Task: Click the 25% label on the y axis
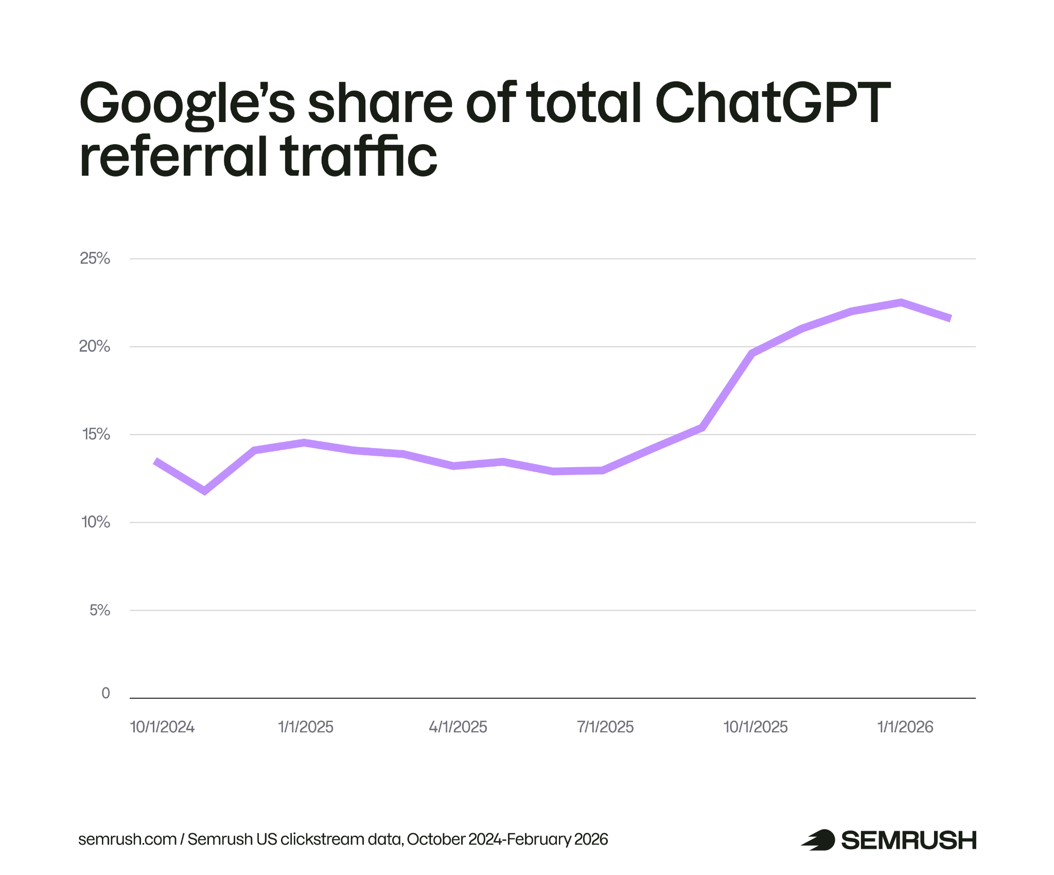point(95,259)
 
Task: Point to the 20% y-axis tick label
point(95,347)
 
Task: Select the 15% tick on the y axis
point(96,435)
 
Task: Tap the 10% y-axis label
point(96,522)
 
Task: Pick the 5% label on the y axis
point(100,610)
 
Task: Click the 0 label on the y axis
point(106,693)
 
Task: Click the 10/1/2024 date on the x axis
point(162,727)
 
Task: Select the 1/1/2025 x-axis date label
point(306,727)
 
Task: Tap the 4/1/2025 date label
point(458,727)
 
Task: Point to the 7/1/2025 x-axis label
point(605,727)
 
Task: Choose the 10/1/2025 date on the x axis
point(756,727)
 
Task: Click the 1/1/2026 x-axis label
point(905,727)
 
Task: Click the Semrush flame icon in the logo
point(818,840)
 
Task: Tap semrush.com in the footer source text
point(127,839)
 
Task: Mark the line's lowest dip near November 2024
point(205,491)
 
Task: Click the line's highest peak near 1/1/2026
point(901,302)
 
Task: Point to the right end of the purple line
point(950,318)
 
